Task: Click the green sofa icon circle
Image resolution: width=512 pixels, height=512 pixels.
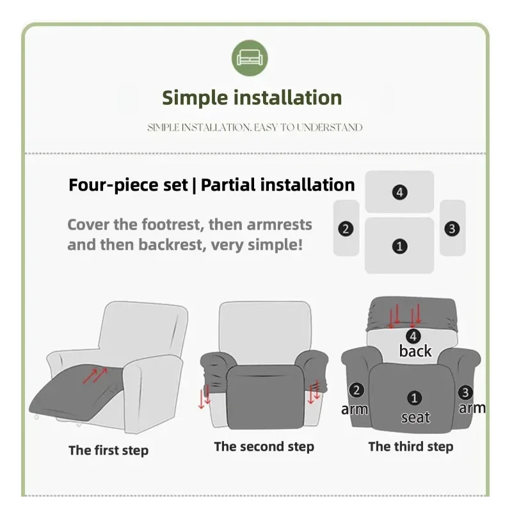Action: coord(250,58)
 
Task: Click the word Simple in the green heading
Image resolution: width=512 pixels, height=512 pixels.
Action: coord(195,98)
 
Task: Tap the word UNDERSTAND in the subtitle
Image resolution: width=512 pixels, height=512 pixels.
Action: coord(330,127)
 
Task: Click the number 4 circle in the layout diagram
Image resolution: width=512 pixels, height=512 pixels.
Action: coord(399,192)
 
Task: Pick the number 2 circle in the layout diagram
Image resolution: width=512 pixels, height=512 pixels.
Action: coord(346,228)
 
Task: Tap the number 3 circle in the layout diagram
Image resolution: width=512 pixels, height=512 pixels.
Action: coord(452,228)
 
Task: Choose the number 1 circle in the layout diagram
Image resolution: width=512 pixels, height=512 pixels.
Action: coord(399,246)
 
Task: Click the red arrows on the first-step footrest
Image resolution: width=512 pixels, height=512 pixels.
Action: coord(95,376)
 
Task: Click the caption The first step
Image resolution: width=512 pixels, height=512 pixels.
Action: coord(108,451)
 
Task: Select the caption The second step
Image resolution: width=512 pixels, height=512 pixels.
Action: coord(264,447)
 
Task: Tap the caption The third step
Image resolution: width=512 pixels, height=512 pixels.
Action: coord(411,446)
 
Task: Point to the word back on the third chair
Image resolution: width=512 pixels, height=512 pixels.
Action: coord(415,351)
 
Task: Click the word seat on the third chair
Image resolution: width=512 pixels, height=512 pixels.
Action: coord(415,417)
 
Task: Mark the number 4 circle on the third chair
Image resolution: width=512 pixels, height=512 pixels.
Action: coord(413,336)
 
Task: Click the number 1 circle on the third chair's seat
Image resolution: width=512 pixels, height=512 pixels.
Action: coord(414,398)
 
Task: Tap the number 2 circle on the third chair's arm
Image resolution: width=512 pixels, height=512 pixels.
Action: coord(356,390)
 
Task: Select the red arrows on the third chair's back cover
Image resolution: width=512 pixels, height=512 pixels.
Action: coord(404,316)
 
